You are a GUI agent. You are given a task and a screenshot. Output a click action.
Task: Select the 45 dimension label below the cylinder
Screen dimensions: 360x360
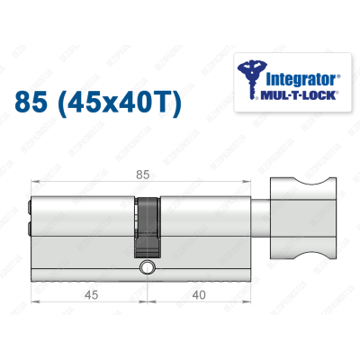[88, 292]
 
